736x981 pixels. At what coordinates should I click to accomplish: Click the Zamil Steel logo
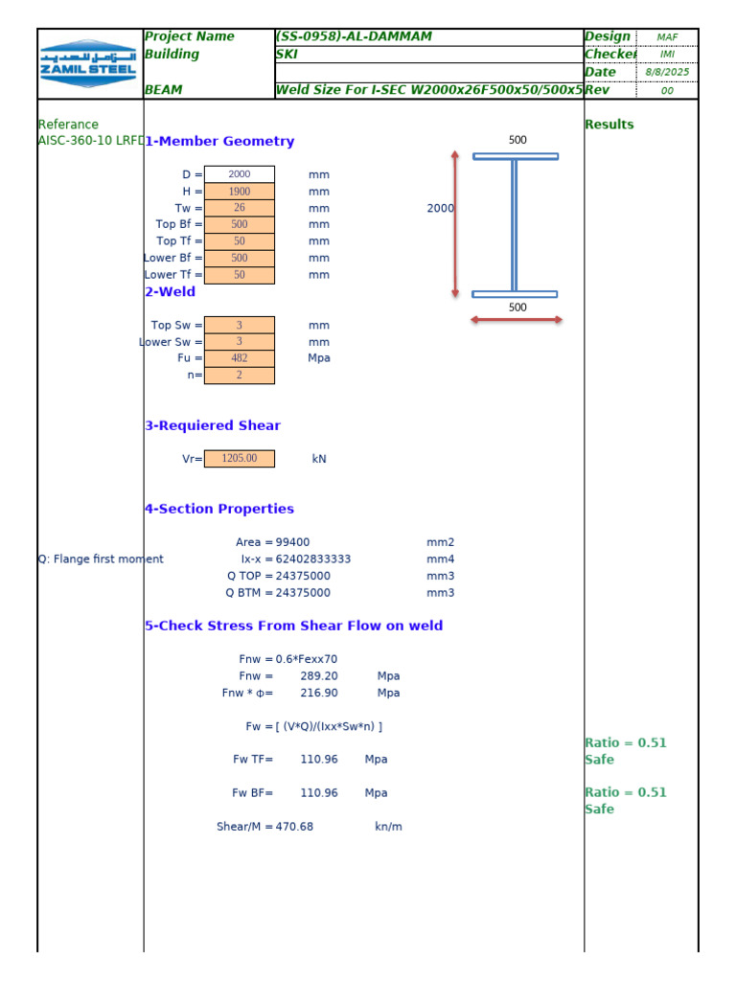click(x=89, y=63)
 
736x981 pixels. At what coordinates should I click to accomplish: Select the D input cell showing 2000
click(x=240, y=174)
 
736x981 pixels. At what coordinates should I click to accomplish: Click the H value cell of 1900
click(x=240, y=192)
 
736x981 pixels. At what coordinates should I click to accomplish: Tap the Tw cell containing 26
click(x=240, y=208)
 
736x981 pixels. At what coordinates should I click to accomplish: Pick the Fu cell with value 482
click(x=240, y=358)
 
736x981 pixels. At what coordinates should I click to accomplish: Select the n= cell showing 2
click(x=240, y=376)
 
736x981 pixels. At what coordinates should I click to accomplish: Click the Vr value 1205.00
click(x=240, y=459)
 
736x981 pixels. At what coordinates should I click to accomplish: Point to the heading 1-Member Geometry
click(x=219, y=142)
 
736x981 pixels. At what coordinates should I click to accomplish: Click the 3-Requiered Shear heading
click(x=213, y=426)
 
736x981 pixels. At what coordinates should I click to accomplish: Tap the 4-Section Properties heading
click(x=219, y=510)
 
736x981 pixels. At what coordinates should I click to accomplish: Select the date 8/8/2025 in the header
click(x=667, y=73)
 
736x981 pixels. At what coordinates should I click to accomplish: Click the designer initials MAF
click(x=667, y=37)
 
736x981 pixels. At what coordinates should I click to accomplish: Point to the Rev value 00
click(x=667, y=91)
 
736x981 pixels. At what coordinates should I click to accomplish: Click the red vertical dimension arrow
click(x=455, y=223)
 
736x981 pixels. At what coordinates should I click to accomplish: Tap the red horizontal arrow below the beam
click(x=516, y=320)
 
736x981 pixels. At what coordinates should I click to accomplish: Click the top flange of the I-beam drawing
click(x=516, y=156)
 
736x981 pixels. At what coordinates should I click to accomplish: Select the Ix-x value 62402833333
click(x=313, y=559)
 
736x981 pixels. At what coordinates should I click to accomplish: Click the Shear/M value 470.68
click(x=294, y=827)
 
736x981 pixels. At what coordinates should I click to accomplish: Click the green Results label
click(x=609, y=125)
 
